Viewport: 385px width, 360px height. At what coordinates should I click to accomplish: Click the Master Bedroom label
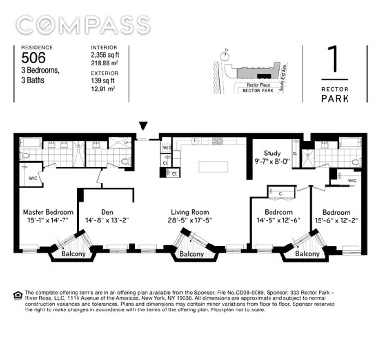coord(48,212)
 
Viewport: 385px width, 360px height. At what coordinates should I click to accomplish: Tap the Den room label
coord(107,212)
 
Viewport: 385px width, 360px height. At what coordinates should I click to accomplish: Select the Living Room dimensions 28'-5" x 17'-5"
coord(190,220)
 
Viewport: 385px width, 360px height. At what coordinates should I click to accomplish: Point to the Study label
coord(272,154)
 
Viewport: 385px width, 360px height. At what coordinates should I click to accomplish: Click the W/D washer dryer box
coord(167,148)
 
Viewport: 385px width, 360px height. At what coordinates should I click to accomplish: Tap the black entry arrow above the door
coord(143,126)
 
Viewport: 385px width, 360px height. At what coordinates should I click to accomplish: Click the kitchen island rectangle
coord(213,167)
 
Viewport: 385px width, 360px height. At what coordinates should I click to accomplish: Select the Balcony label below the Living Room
coord(192,254)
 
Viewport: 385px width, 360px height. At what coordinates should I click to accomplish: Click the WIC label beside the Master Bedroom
coord(33,178)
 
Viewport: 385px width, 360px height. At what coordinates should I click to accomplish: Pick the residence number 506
coord(33,58)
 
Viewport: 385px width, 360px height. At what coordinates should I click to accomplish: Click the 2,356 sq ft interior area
coord(105,55)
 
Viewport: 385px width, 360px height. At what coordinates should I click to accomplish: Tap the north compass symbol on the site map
coord(225,56)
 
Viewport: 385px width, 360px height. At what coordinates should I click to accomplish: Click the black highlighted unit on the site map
coord(264,77)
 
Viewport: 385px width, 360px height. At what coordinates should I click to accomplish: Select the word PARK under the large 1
coord(335,99)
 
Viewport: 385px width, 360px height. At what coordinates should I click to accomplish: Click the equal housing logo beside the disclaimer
coord(18,296)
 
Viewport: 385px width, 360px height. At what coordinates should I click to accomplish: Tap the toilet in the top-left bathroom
coord(24,155)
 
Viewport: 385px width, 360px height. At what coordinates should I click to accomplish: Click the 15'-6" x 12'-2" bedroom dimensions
coord(336,220)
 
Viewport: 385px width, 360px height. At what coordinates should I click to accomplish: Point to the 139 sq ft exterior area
coord(103,81)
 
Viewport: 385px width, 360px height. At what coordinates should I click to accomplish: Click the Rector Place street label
coord(258,85)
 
